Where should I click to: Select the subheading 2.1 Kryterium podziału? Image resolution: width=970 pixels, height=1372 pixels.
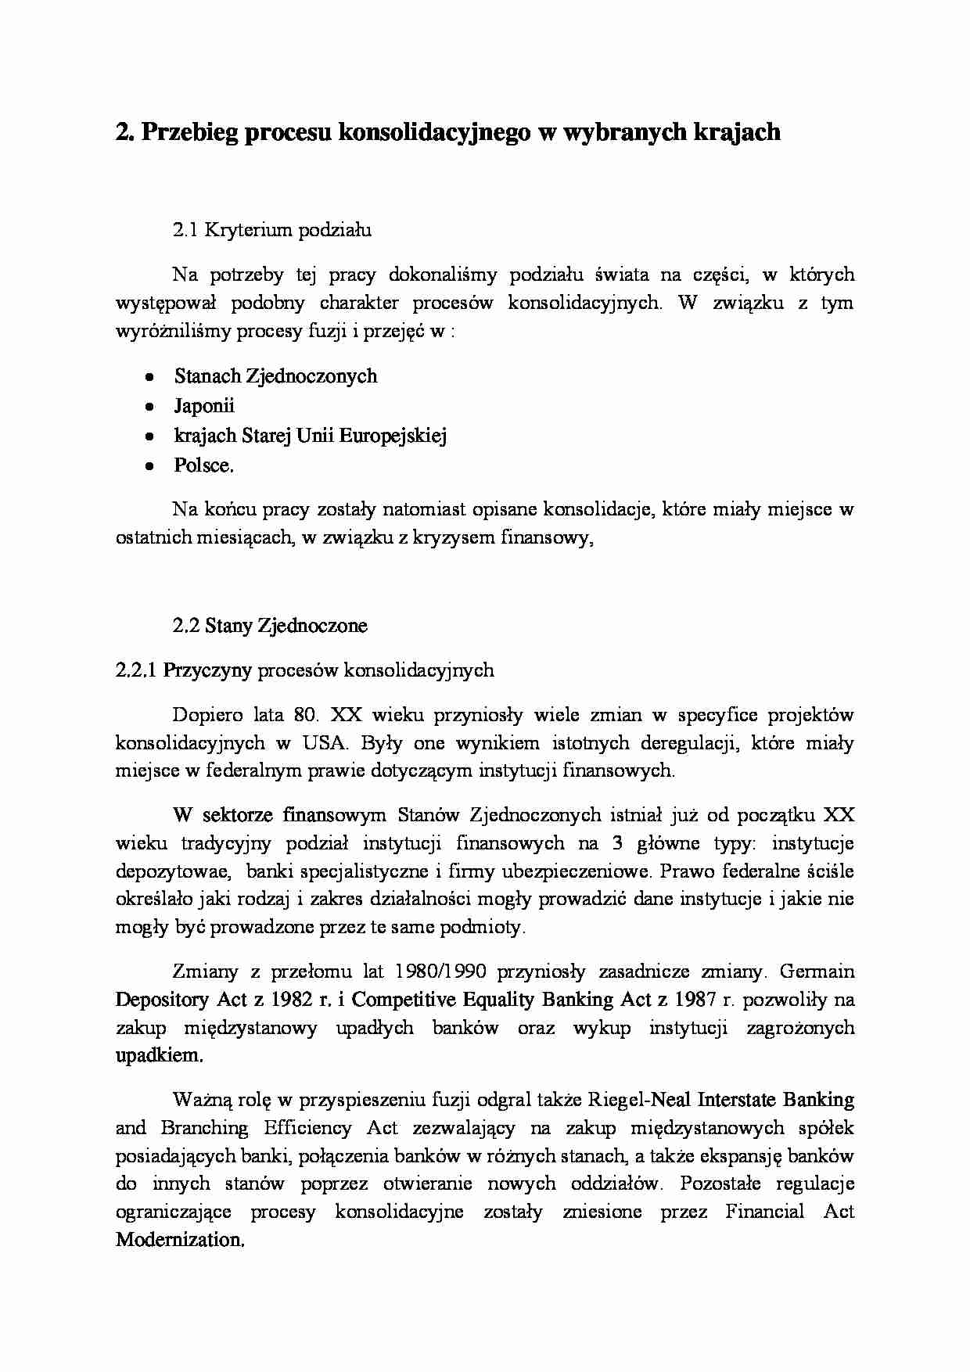271,230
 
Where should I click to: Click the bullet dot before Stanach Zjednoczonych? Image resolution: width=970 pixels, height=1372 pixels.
149,377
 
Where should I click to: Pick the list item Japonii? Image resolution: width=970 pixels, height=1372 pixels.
204,406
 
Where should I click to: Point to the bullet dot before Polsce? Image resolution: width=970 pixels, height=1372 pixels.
149,466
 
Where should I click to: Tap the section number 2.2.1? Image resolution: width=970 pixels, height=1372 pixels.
136,670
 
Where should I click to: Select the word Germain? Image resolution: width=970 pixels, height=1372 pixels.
817,972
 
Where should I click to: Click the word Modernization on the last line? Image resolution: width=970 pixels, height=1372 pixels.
179,1240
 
